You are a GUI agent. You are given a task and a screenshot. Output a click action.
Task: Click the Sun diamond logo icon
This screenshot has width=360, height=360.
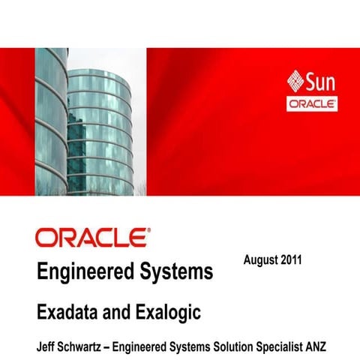pyautogui.click(x=296, y=80)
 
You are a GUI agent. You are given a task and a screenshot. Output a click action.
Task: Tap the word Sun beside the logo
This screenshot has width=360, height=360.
pyautogui.click(x=322, y=80)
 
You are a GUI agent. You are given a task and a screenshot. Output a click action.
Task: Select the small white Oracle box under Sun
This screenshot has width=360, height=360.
pyautogui.click(x=312, y=105)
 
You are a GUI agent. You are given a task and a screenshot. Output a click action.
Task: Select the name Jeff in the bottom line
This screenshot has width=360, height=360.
pyautogui.click(x=46, y=348)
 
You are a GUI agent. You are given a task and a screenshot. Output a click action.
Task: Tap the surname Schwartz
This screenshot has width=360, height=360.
pyautogui.click(x=88, y=348)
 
